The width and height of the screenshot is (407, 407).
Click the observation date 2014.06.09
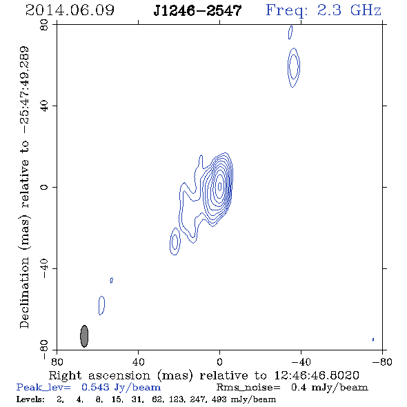[x=70, y=10]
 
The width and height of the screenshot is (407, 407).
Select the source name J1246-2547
[x=197, y=10]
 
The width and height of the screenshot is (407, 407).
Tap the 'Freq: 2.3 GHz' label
[x=324, y=10]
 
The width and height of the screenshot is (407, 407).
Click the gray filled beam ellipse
[x=84, y=336]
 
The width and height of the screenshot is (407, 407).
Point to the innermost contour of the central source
[x=220, y=186]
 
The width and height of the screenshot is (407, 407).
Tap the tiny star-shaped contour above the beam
[x=111, y=280]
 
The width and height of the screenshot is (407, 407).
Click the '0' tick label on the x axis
[x=219, y=362]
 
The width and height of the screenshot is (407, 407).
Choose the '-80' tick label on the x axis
[x=382, y=362]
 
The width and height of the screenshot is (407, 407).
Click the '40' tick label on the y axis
[x=44, y=106]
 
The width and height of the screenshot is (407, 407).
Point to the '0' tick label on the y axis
[x=44, y=187]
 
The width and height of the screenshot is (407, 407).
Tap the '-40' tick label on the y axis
[x=44, y=268]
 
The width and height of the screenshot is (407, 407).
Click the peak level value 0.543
[x=95, y=387]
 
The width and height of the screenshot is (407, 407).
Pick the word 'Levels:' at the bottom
[x=30, y=399]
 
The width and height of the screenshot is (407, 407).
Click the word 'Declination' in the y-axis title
[x=24, y=292]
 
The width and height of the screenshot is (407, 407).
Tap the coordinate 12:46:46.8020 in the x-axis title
[x=317, y=375]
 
